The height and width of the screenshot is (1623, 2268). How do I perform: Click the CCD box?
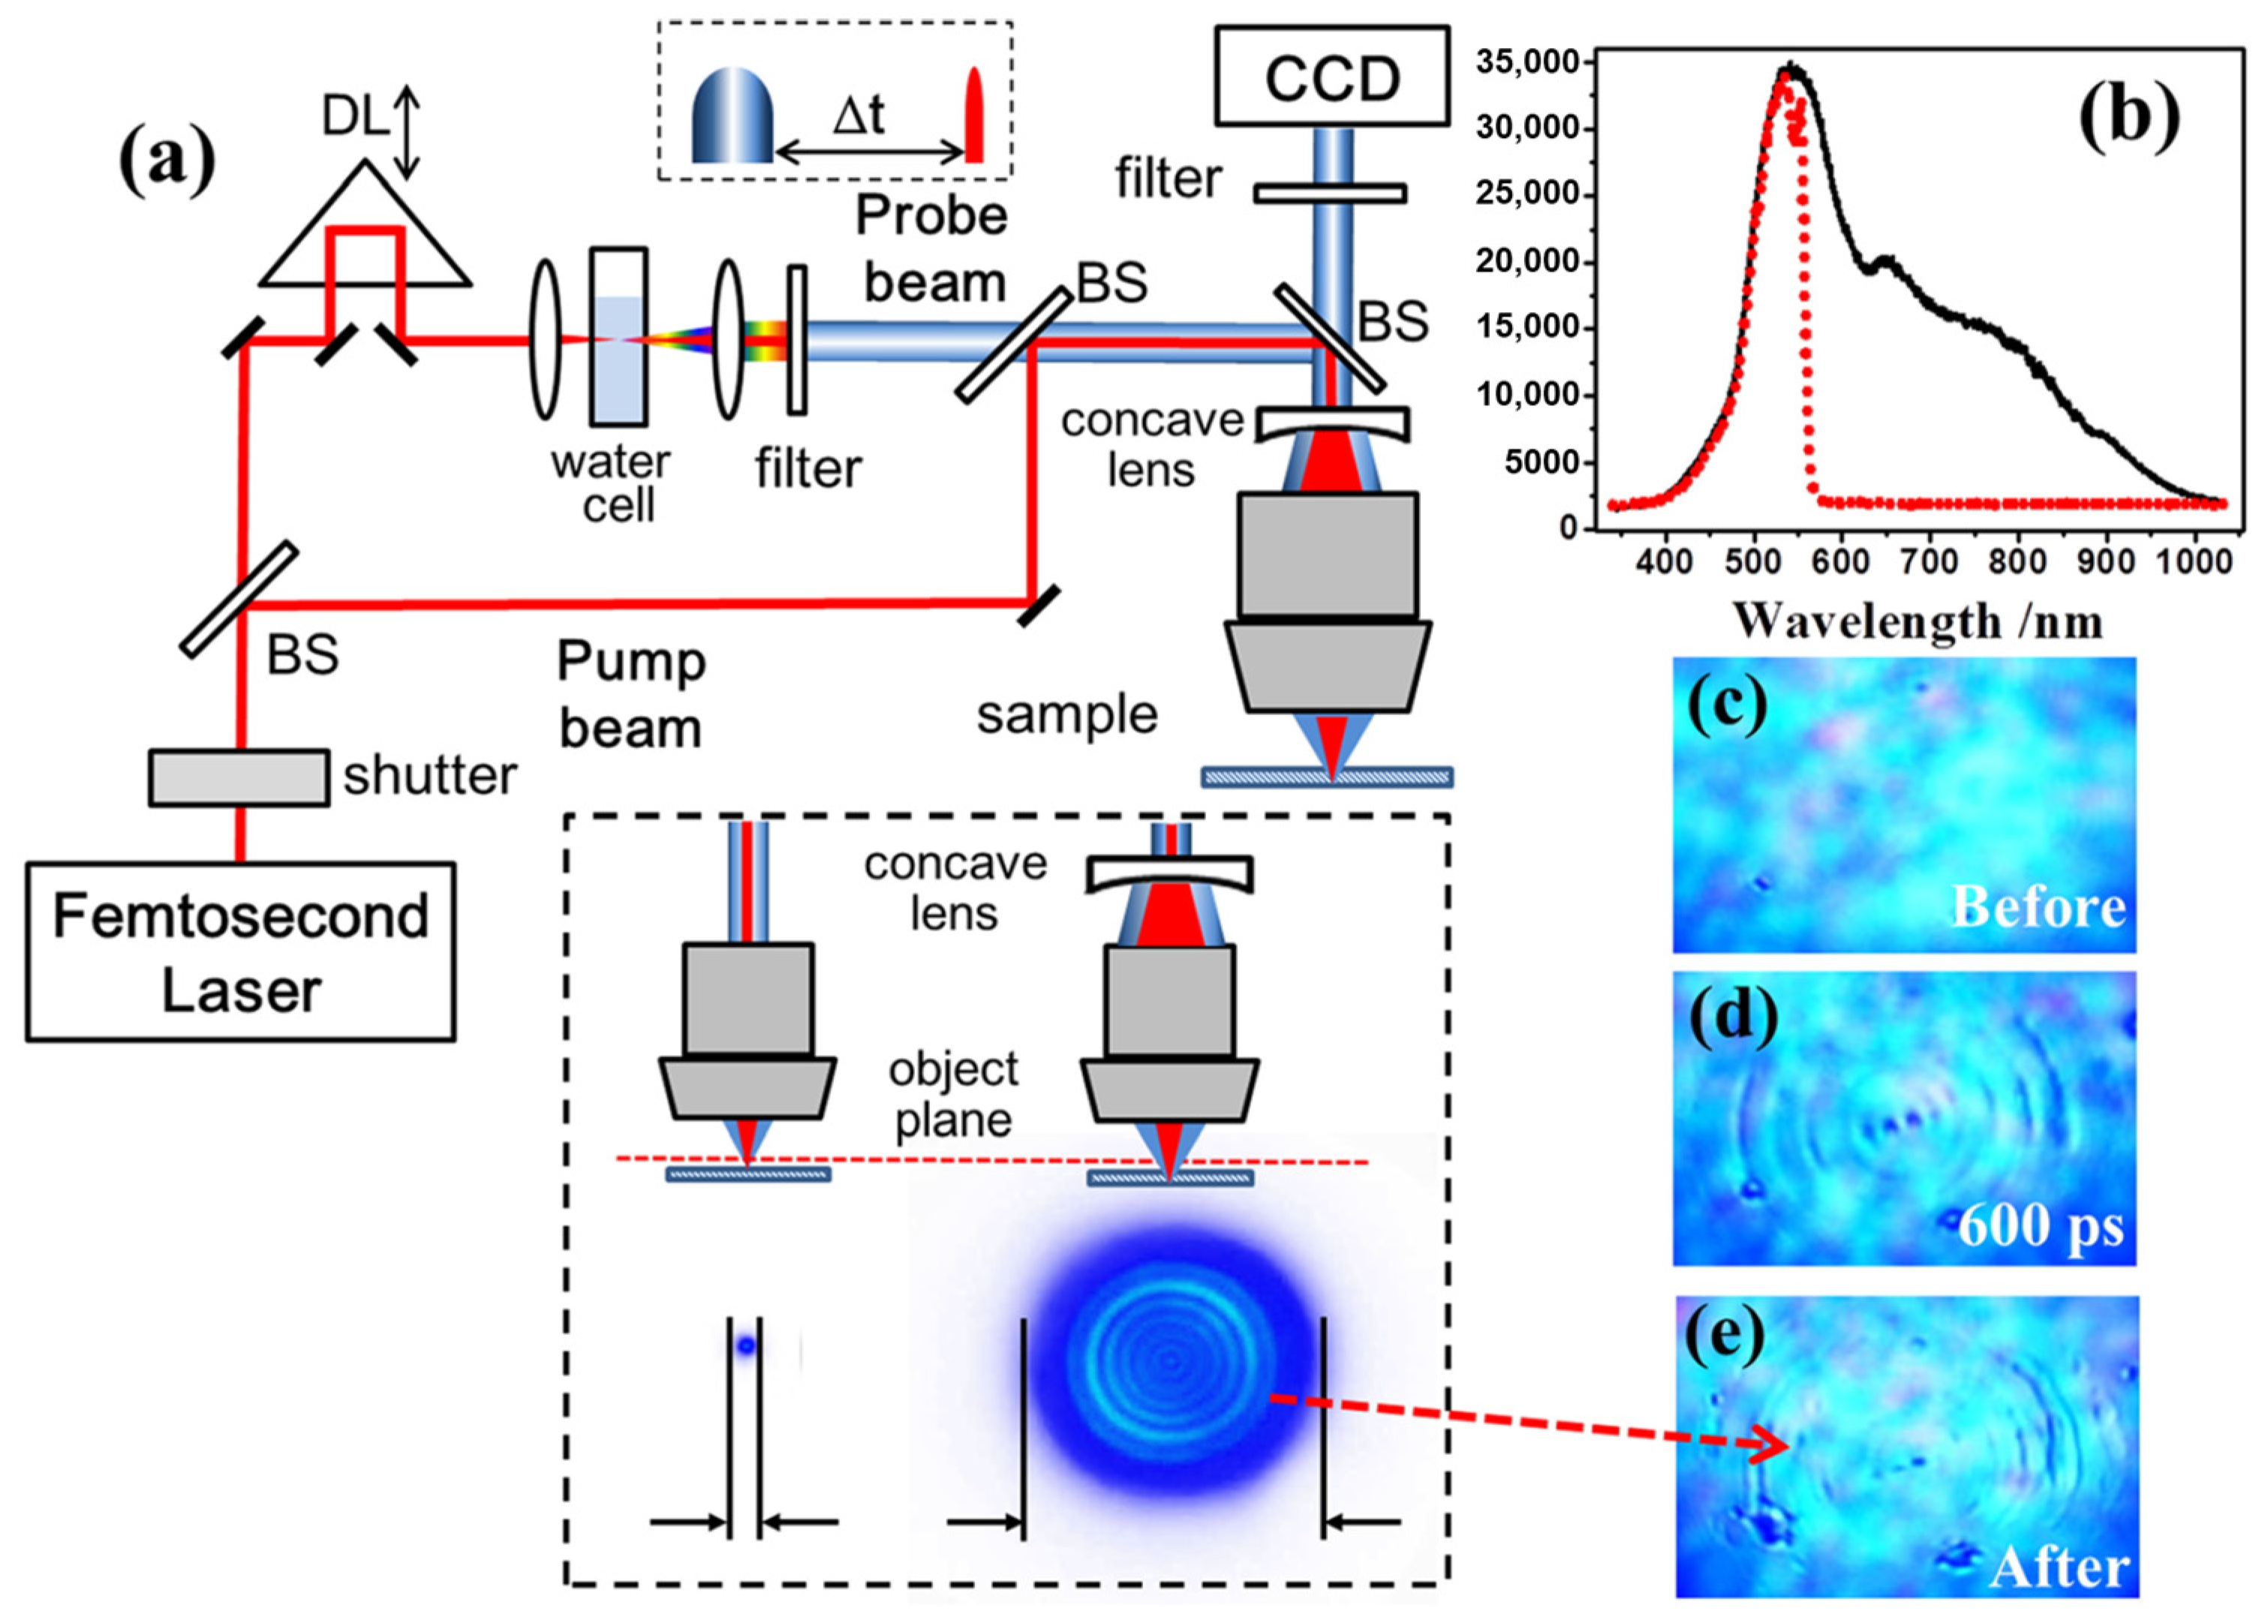click(x=1331, y=77)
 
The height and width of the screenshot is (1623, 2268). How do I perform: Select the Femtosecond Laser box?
click(x=240, y=951)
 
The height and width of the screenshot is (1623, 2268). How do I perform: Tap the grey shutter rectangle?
click(x=239, y=777)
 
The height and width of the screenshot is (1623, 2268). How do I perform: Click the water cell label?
click(x=611, y=484)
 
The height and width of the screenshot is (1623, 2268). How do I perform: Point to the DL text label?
click(x=353, y=117)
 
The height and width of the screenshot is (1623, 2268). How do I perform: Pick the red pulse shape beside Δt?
click(x=973, y=115)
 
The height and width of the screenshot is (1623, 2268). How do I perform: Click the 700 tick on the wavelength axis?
click(x=1928, y=562)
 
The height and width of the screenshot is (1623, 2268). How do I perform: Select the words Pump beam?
click(x=630, y=695)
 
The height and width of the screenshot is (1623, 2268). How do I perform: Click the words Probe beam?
click(x=933, y=249)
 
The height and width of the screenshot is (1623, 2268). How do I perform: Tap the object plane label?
click(x=952, y=1093)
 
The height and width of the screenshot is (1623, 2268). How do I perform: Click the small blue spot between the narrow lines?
click(x=744, y=1345)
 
